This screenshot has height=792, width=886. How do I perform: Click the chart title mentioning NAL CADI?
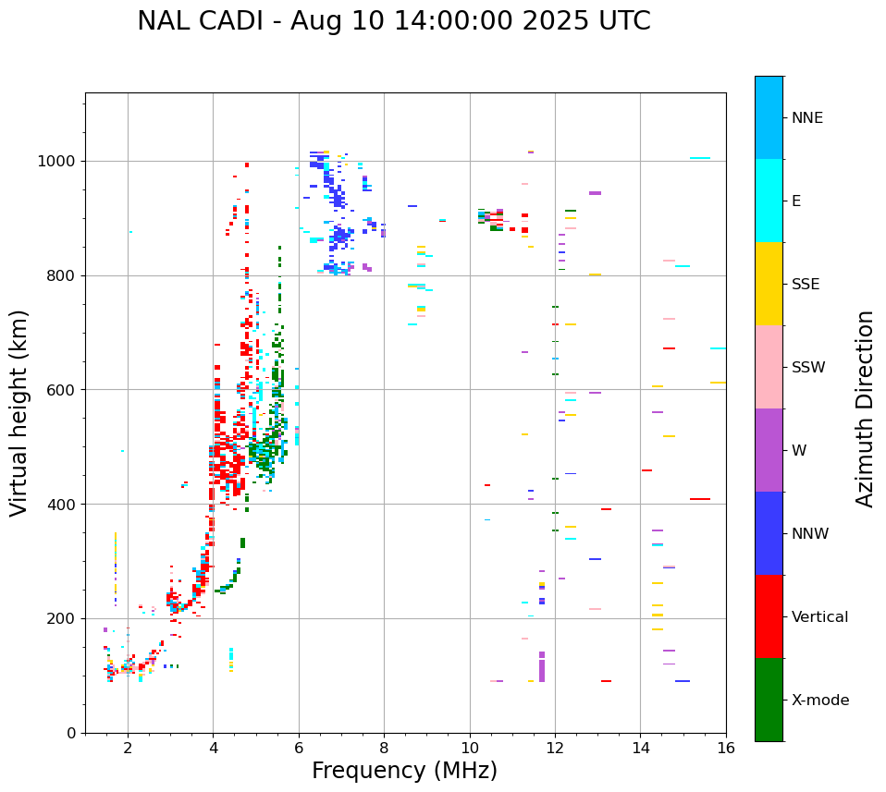pyautogui.click(x=393, y=21)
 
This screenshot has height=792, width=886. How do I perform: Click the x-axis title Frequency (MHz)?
pyautogui.click(x=404, y=771)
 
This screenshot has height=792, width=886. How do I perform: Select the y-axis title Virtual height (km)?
pyautogui.click(x=19, y=412)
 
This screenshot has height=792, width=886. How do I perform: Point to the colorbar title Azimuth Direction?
pyautogui.click(x=865, y=408)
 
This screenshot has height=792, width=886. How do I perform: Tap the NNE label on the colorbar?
pyautogui.click(x=806, y=118)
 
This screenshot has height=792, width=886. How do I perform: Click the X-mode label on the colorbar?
pyautogui.click(x=819, y=701)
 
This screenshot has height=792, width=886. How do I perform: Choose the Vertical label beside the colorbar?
pyautogui.click(x=819, y=617)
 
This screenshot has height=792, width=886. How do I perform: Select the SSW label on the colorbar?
pyautogui.click(x=808, y=368)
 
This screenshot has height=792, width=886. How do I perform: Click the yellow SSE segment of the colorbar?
pyautogui.click(x=769, y=284)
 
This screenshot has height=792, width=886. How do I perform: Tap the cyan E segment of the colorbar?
pyautogui.click(x=769, y=201)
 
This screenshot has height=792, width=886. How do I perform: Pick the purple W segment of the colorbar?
pyautogui.click(x=769, y=450)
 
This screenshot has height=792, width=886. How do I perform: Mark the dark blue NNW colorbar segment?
pyautogui.click(x=769, y=533)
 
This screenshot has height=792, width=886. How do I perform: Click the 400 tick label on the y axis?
pyautogui.click(x=65, y=505)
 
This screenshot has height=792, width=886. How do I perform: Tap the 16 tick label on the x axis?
pyautogui.click(x=726, y=749)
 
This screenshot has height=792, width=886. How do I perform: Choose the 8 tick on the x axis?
pyautogui.click(x=384, y=749)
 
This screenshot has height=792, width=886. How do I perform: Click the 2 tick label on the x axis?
pyautogui.click(x=128, y=749)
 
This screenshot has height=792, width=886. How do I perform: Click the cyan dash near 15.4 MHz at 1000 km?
pyautogui.click(x=700, y=158)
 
